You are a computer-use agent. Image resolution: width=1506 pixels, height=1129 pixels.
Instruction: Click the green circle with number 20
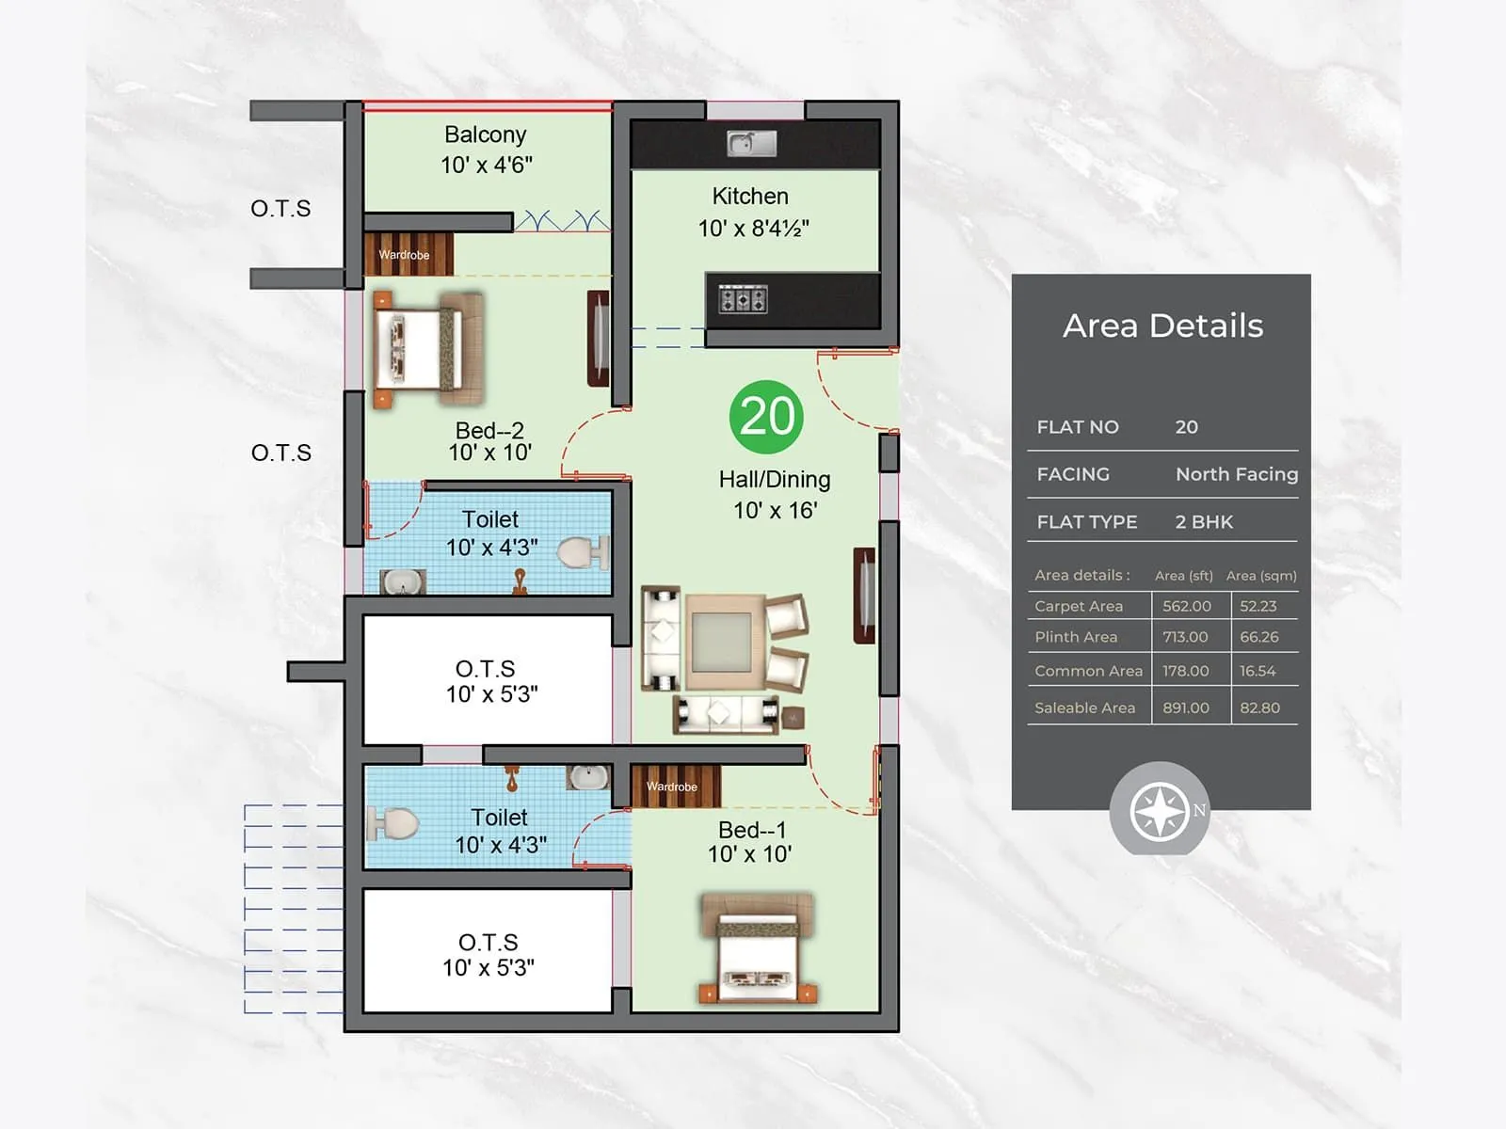point(766,417)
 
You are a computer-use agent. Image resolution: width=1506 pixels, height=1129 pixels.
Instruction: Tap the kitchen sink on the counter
point(751,143)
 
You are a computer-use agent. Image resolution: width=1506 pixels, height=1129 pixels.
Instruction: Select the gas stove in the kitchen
point(743,300)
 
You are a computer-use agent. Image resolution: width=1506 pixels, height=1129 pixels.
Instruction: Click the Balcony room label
point(486,135)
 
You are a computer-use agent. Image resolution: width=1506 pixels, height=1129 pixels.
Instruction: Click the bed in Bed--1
point(759,948)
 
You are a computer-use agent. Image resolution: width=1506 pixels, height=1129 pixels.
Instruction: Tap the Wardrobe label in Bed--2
point(404,255)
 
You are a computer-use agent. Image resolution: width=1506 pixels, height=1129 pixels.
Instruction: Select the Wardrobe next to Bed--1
point(672,787)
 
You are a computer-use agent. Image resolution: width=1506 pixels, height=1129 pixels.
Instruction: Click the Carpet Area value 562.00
point(1186,606)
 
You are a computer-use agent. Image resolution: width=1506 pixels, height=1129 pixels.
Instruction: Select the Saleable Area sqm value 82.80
point(1259,708)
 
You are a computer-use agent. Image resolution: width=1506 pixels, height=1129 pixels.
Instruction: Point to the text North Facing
point(1236,474)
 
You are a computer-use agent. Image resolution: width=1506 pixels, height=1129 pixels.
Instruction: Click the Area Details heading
point(1162,326)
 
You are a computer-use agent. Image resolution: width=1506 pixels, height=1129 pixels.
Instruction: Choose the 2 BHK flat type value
point(1203,522)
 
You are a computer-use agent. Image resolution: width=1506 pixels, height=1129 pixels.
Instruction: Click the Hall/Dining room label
point(775,480)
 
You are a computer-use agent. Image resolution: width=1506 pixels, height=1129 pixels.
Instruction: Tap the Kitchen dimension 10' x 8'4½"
point(753,229)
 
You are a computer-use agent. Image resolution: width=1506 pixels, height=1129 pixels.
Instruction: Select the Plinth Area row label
point(1076,637)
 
